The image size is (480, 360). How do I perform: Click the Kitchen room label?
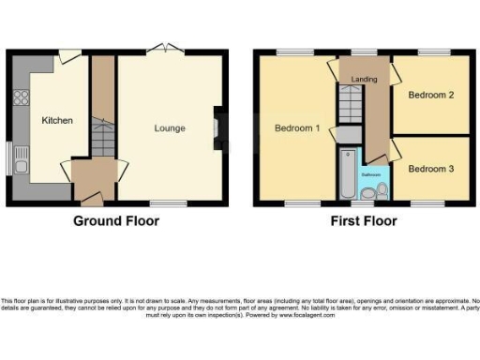point(57,120)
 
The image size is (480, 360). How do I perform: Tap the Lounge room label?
point(170,128)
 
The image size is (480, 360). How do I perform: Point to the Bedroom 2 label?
point(431,95)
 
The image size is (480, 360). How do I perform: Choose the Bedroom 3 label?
point(431,169)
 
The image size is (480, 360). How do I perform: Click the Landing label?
point(364,80)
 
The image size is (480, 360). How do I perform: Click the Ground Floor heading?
point(116,221)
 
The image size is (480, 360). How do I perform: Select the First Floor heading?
point(363,221)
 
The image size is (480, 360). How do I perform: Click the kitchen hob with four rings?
point(20,97)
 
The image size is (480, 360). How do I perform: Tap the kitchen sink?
point(21,167)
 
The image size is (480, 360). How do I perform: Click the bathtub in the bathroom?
point(347,175)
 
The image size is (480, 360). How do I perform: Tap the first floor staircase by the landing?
point(351,111)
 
